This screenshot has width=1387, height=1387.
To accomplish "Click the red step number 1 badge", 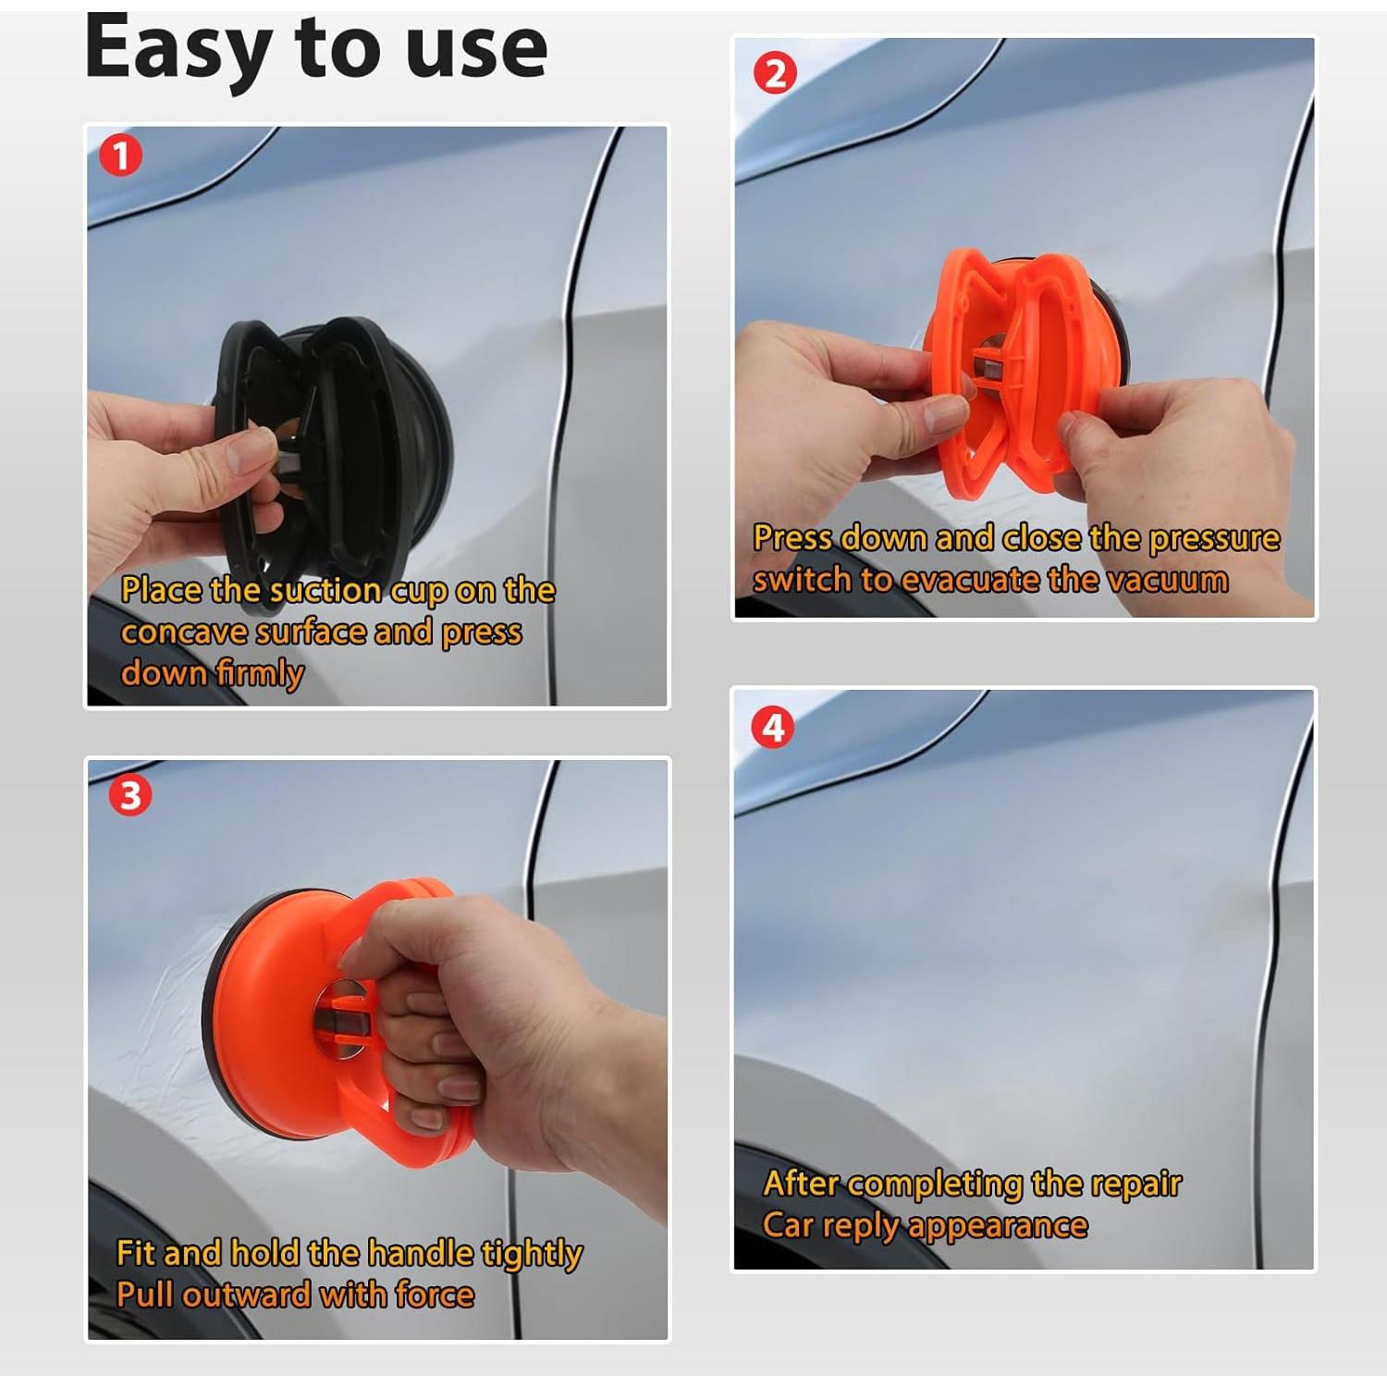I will [x=120, y=155].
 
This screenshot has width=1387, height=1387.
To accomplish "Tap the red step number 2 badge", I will [x=775, y=73].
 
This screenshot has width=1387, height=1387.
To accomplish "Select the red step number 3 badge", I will [x=129, y=795].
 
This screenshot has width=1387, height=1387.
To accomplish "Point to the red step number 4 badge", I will [x=773, y=728].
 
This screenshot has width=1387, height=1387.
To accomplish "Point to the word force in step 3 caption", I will [x=435, y=1295].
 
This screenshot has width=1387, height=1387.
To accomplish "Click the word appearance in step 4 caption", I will [x=998, y=1226].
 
